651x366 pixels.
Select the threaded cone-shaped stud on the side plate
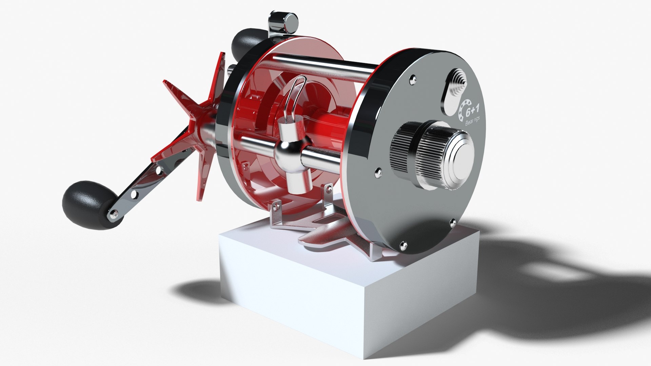(x=459, y=79)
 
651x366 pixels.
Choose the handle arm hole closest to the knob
(x=134, y=195)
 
